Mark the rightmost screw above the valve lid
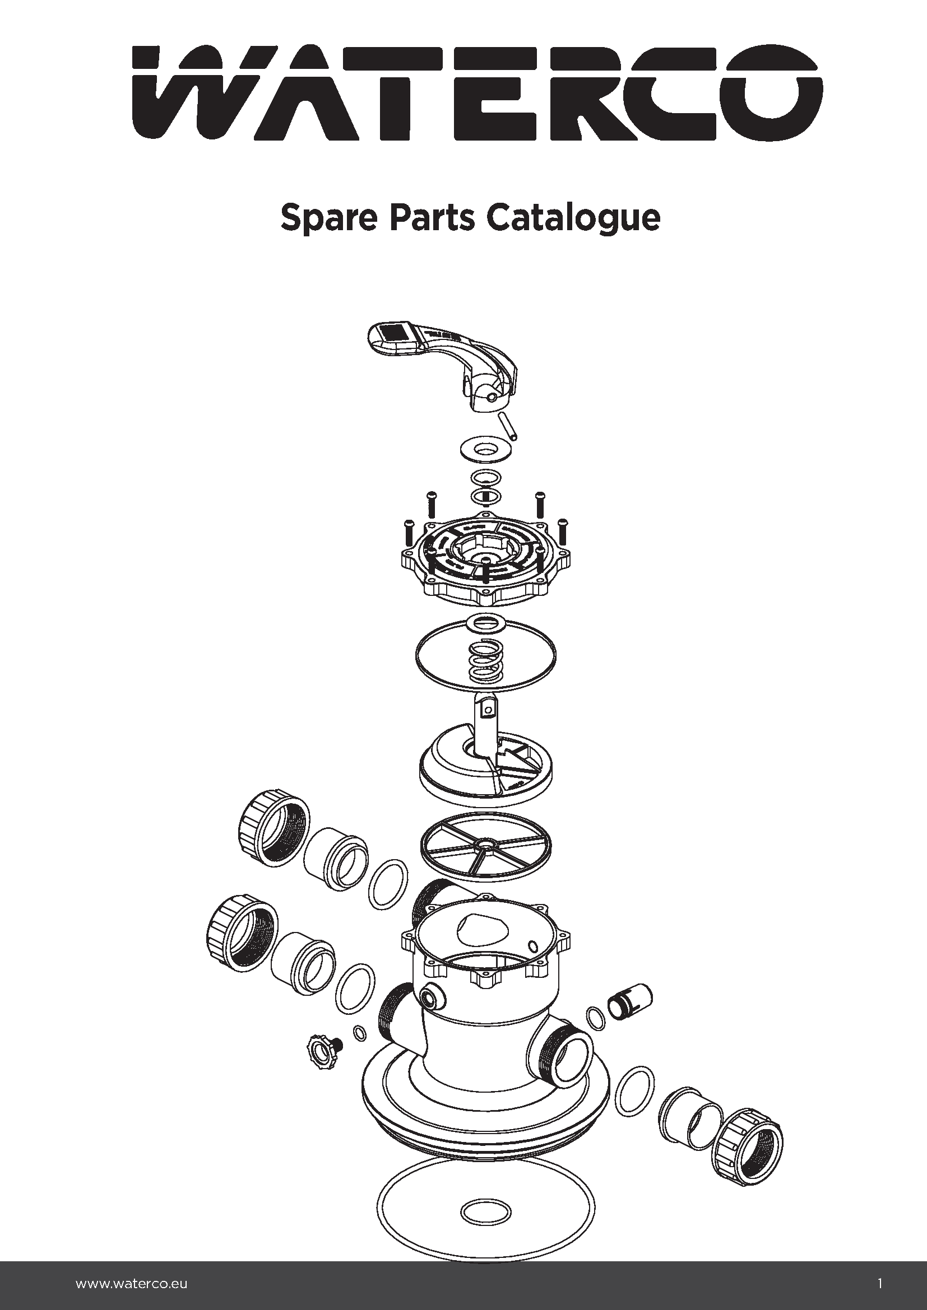tap(563, 530)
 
